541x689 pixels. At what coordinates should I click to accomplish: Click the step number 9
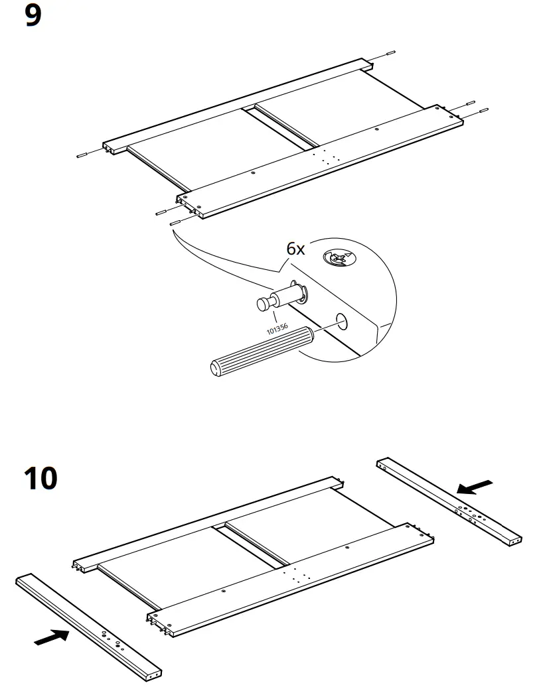[x=33, y=16]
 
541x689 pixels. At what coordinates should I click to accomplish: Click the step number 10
[x=40, y=478]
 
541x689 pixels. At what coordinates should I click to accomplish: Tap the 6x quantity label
[x=295, y=249]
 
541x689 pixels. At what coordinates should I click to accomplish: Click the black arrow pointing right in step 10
[x=51, y=637]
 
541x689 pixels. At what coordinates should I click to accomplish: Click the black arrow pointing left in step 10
[x=475, y=487]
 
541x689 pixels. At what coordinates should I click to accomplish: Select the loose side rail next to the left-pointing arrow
[x=449, y=501]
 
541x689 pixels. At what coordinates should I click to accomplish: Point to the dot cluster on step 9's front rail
[x=325, y=156]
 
